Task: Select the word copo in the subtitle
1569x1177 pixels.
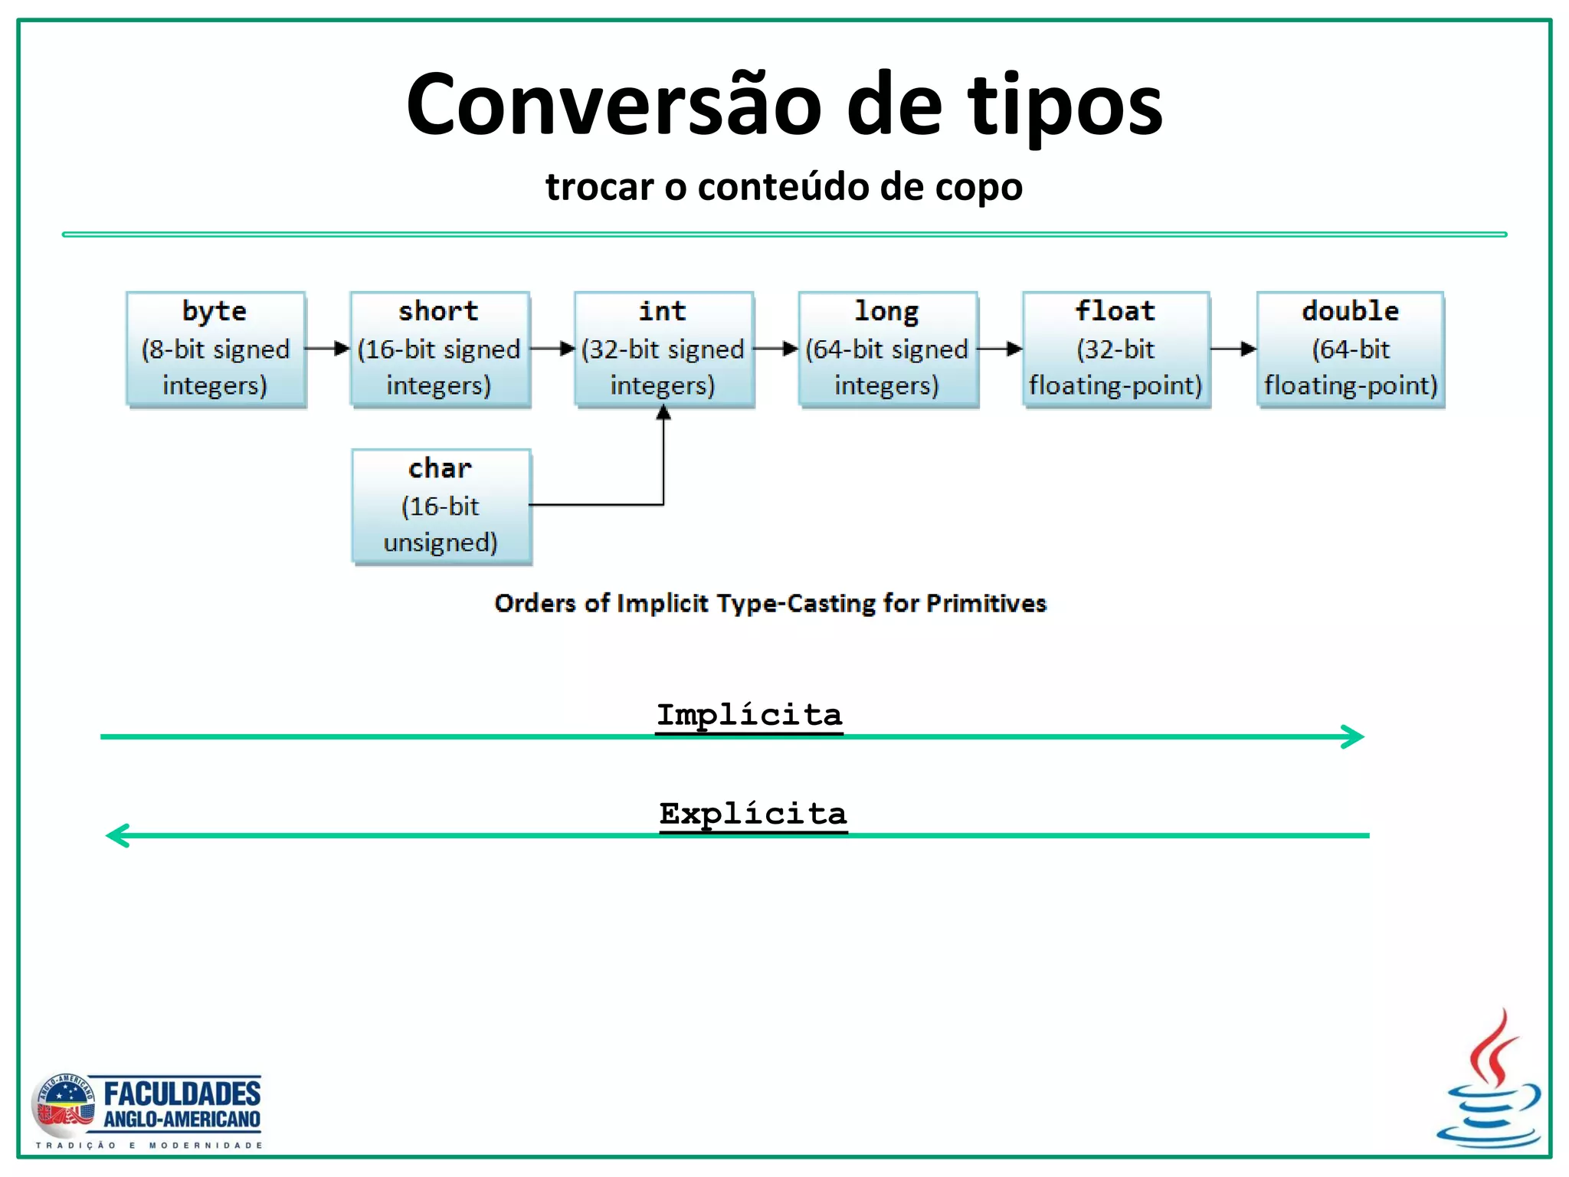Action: coord(984,188)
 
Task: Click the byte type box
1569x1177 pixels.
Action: coord(215,349)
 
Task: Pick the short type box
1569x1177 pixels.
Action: coord(440,349)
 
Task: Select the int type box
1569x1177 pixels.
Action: coord(663,349)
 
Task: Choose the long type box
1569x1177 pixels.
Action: coord(887,349)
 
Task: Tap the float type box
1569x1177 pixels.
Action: coord(1115,349)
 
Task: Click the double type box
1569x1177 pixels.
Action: coord(1350,349)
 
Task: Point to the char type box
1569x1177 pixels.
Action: coord(441,507)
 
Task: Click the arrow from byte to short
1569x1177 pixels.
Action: coord(328,349)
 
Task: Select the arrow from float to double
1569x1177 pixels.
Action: coord(1233,349)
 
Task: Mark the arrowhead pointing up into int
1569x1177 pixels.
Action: coord(663,415)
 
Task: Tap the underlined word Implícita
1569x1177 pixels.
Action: coord(748,715)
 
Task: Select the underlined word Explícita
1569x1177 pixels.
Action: coord(752,814)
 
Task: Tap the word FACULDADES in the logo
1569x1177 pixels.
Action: coord(182,1093)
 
